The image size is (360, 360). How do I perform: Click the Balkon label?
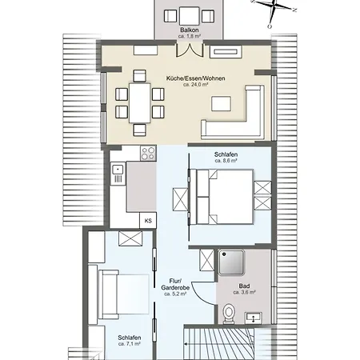coord(189,30)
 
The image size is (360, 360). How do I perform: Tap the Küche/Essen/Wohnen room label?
coord(195,78)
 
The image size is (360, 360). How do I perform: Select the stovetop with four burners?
coord(148,154)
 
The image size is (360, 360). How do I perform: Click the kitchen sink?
coord(118,174)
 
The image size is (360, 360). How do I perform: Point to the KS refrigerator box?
coord(148,221)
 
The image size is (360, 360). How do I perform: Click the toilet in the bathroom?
coord(229,313)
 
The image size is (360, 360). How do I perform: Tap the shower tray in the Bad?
coord(231,262)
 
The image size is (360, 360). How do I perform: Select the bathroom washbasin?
coord(254,318)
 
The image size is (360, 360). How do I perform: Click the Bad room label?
coord(244,286)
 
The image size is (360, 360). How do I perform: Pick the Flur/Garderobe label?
coord(175,284)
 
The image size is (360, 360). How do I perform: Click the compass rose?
coord(274,8)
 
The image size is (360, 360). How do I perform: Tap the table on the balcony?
coord(190,16)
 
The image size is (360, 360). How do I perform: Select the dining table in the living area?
coord(139,103)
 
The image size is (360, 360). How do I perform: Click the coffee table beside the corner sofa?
coord(221,103)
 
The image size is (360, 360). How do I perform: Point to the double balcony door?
coord(190,50)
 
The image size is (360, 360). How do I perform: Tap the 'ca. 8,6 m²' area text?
coord(226,161)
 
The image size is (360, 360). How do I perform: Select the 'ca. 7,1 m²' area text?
coord(130,344)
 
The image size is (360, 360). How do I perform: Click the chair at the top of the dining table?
coord(139,76)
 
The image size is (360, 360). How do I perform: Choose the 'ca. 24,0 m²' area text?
coord(195,85)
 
